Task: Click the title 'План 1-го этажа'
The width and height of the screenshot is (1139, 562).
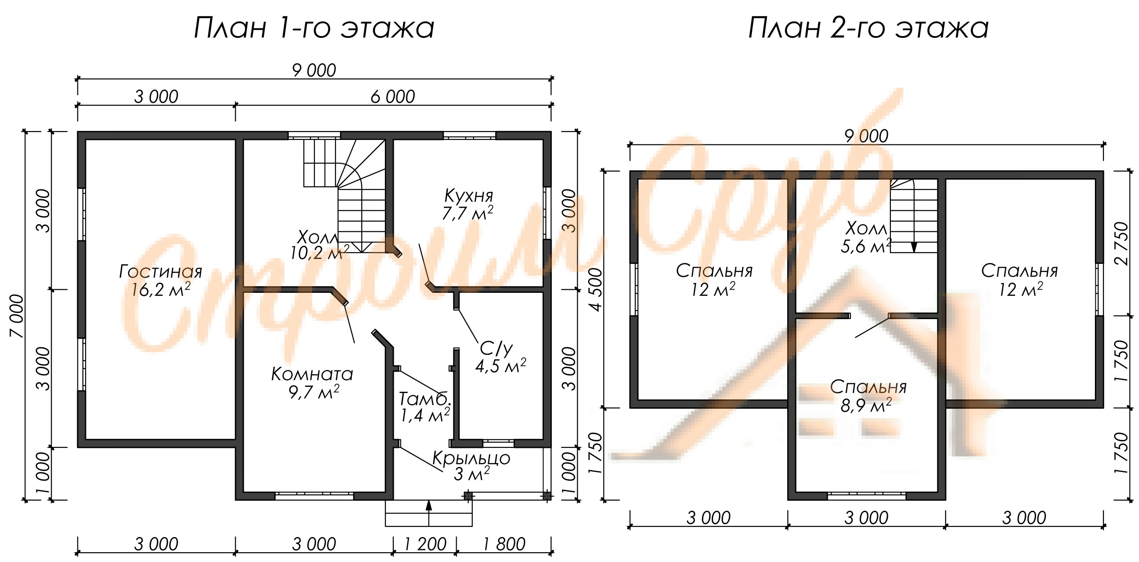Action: (314, 28)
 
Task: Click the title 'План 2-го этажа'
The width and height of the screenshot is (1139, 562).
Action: (868, 28)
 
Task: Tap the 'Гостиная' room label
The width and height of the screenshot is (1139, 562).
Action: (161, 271)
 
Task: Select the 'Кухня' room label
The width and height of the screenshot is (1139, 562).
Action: (469, 195)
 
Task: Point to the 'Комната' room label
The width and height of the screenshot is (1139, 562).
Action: (312, 374)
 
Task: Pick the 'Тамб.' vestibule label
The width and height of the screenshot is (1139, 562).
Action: (425, 398)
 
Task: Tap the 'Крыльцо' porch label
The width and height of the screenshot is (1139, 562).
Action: (471, 458)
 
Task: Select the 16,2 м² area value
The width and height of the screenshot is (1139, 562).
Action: (161, 290)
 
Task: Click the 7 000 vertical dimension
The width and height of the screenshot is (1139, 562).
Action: (17, 316)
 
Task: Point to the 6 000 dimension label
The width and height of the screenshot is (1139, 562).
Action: (393, 96)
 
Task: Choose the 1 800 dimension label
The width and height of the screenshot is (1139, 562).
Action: (504, 544)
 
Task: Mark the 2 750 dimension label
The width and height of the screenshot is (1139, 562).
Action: (1122, 243)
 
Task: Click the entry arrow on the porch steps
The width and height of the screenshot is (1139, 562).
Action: (429, 513)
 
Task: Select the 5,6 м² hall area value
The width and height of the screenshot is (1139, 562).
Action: (866, 246)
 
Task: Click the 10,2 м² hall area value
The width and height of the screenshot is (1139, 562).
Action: (320, 253)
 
